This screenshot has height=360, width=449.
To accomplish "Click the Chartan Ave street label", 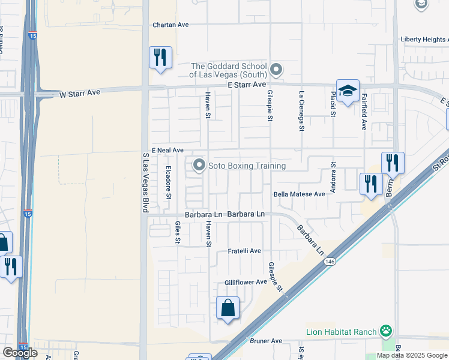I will pyautogui.click(x=170, y=25).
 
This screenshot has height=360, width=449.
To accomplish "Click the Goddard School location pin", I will pyautogui.click(x=276, y=70).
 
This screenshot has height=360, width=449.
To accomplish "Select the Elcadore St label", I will pyautogui.click(x=169, y=182).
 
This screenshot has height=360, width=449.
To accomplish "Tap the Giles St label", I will pyautogui.click(x=177, y=232).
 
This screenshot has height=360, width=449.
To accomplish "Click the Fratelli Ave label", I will pyautogui.click(x=244, y=251).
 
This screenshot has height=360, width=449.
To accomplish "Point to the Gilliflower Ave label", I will pyautogui.click(x=246, y=281).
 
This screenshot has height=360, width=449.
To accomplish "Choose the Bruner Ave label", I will pyautogui.click(x=265, y=341).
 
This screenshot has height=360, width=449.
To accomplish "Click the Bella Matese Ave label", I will pyautogui.click(x=299, y=194).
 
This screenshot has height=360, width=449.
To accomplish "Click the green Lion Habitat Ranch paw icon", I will pyautogui.click(x=385, y=331).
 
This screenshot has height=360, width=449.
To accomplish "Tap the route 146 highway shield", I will pyautogui.click(x=330, y=262).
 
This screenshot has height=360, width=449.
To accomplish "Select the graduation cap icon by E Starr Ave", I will pyautogui.click(x=348, y=91).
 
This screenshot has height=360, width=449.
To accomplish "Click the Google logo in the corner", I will pyautogui.click(x=20, y=353).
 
